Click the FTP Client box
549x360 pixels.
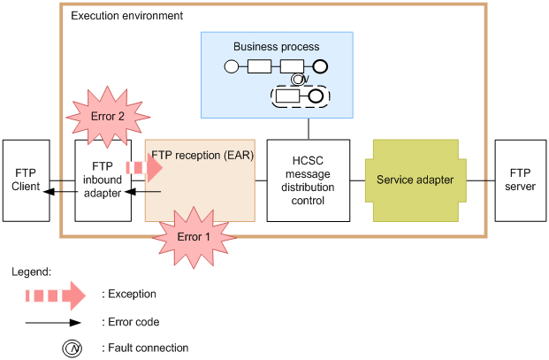[26, 180]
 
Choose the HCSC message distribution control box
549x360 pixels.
[308, 180]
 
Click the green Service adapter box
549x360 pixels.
[415, 180]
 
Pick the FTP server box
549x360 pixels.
[521, 180]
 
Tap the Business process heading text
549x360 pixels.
[276, 46]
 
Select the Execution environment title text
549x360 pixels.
[126, 16]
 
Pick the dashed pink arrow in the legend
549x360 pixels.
[54, 295]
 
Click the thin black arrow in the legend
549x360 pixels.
[54, 322]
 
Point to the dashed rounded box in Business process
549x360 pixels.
[296, 96]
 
